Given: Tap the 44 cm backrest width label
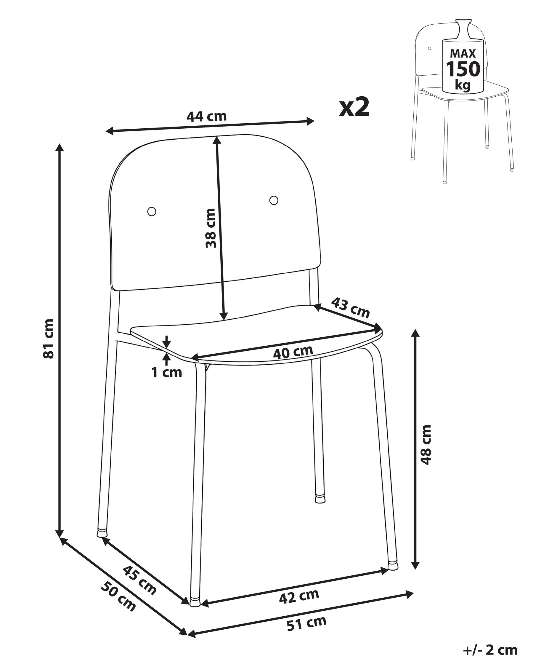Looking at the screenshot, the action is tap(206, 116).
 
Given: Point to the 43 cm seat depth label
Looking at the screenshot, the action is tap(350, 307).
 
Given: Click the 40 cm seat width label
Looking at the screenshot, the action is tap(293, 352).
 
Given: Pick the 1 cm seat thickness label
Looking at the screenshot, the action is tap(166, 372).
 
